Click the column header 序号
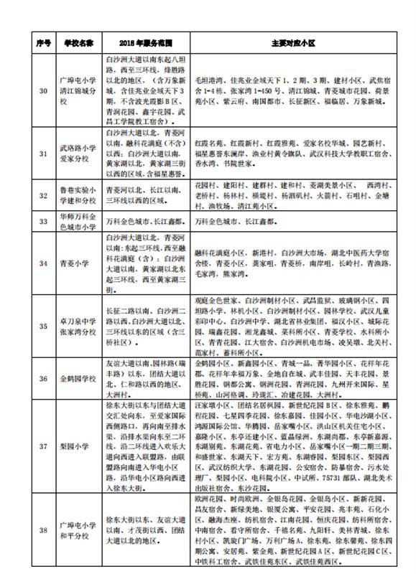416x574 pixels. click(x=42, y=43)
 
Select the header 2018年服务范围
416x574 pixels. click(x=145, y=43)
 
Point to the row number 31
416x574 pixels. click(x=42, y=154)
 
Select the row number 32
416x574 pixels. click(x=42, y=194)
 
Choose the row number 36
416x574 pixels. click(x=42, y=378)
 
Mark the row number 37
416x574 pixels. click(x=42, y=444)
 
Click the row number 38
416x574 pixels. click(x=42, y=530)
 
